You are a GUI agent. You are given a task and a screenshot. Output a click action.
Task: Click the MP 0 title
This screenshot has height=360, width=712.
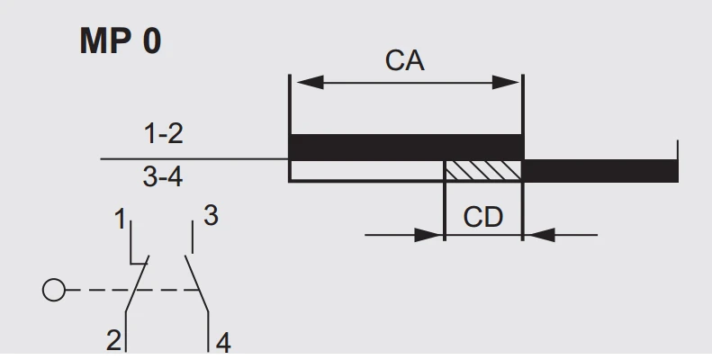(121, 40)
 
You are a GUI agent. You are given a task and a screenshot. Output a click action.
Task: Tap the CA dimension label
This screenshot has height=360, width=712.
(404, 60)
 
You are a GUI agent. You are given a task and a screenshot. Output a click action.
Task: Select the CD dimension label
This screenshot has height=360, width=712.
(483, 217)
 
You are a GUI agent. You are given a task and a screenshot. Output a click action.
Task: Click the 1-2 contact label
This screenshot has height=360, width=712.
(164, 134)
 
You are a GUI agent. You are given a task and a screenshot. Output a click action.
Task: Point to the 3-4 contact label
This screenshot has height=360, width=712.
(163, 176)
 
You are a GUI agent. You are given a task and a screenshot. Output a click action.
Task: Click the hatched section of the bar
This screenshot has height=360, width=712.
(483, 170)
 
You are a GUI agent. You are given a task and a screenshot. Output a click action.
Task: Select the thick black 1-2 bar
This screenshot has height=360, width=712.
(406, 147)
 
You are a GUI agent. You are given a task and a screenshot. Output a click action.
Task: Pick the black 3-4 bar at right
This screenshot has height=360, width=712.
(599, 171)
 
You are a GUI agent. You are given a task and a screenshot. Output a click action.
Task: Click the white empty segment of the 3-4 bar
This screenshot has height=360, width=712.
(367, 170)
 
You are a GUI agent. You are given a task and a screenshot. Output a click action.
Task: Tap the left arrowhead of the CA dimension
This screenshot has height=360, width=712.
(311, 83)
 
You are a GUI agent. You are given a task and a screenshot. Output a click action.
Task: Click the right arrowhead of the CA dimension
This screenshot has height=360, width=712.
(505, 83)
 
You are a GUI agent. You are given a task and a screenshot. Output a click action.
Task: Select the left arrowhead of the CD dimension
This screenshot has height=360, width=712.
(428, 235)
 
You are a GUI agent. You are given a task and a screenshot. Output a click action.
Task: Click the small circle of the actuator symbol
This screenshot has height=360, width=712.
(54, 290)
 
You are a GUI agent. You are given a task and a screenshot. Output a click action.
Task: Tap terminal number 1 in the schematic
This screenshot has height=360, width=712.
(120, 220)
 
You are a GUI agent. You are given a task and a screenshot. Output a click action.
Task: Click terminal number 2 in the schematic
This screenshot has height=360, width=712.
(113, 340)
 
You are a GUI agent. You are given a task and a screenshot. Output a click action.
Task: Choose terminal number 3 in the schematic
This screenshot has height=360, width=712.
(212, 215)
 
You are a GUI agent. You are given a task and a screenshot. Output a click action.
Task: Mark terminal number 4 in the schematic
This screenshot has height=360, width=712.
(223, 343)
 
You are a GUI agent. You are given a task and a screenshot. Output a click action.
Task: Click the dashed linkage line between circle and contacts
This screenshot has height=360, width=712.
(132, 290)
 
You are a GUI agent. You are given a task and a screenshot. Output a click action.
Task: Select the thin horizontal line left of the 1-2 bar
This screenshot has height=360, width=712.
(194, 159)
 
